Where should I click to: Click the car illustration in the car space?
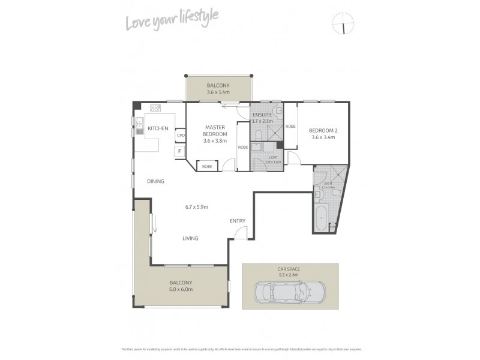tap(290, 293)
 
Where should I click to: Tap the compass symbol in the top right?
tap(343, 23)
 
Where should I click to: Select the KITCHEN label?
tap(158, 128)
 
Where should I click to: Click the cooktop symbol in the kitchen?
tap(155, 109)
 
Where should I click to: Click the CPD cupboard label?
tap(180, 136)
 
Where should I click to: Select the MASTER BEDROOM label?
tap(214, 130)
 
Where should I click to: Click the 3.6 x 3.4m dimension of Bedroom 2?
tap(322, 137)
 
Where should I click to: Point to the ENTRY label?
tap(238, 221)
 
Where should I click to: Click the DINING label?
tap(155, 181)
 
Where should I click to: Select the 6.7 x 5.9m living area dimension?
tap(196, 207)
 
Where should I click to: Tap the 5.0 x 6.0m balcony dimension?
tap(181, 290)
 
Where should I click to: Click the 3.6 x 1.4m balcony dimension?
tap(218, 93)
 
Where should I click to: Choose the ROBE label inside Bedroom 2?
tap(290, 127)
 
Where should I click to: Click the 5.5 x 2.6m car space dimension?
tap(290, 275)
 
